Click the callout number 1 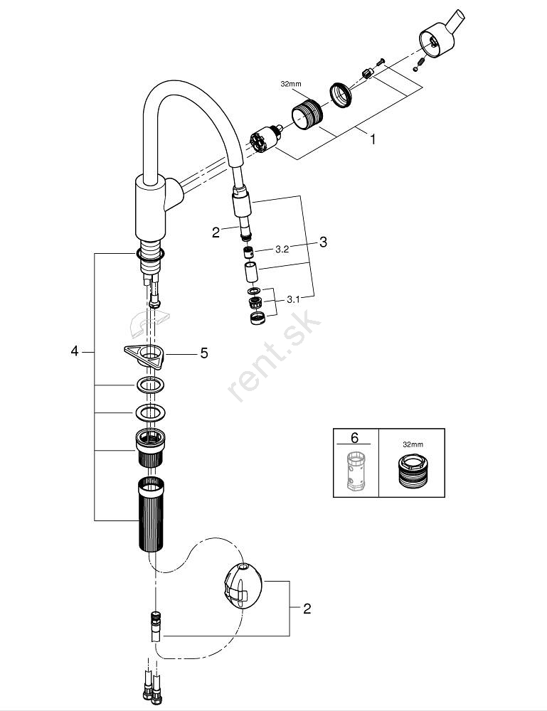click(x=373, y=139)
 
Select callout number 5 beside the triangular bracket click(x=204, y=353)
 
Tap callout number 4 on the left click(x=75, y=351)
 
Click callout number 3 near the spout click(x=323, y=242)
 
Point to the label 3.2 click(x=282, y=250)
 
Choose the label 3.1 click(x=294, y=299)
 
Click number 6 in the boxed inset click(x=355, y=437)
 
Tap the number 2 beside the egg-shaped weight click(x=307, y=609)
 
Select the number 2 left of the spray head click(x=216, y=232)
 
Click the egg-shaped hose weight click(x=243, y=584)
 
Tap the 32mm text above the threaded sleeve click(x=291, y=84)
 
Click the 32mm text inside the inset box click(x=413, y=445)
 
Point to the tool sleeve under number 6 click(x=356, y=471)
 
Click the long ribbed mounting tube click(x=151, y=514)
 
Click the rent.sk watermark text click(x=275, y=356)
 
